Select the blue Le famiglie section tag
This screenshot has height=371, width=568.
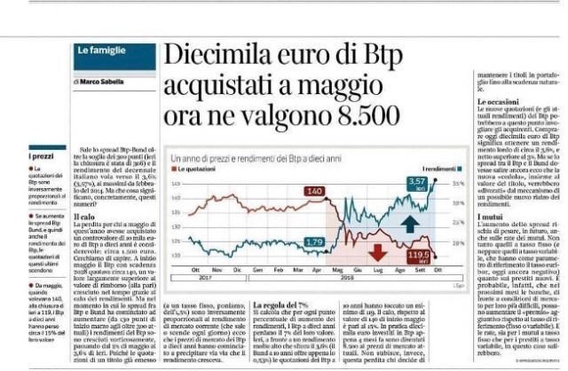click(99, 52)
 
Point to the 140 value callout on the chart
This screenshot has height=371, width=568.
click(315, 191)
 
